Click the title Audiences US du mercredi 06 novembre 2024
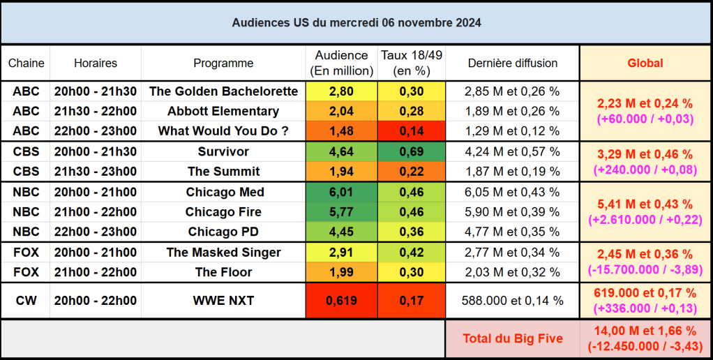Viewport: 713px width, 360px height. point(356,23)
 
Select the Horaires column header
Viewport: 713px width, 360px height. point(96,63)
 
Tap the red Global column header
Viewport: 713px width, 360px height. point(645,63)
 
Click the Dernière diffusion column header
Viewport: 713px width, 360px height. point(513,63)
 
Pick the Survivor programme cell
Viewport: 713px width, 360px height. point(223,152)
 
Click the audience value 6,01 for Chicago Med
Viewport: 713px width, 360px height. point(342,192)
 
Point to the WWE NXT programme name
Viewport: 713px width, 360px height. point(223,301)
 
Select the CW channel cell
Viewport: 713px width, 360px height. point(26,301)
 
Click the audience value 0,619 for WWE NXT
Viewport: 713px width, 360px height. point(342,301)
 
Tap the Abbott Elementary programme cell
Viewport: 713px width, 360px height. point(223,111)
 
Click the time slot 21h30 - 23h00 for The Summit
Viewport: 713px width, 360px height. point(96,172)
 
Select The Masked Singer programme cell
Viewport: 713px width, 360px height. point(223,253)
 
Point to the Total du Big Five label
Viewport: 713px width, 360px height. point(512,339)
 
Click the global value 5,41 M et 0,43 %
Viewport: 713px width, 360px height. point(645,204)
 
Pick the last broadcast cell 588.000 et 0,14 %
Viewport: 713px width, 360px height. point(513,301)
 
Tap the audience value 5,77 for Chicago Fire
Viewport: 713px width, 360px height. point(342,211)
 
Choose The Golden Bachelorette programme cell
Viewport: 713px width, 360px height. point(223,91)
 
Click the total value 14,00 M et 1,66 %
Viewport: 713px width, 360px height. point(645,331)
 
